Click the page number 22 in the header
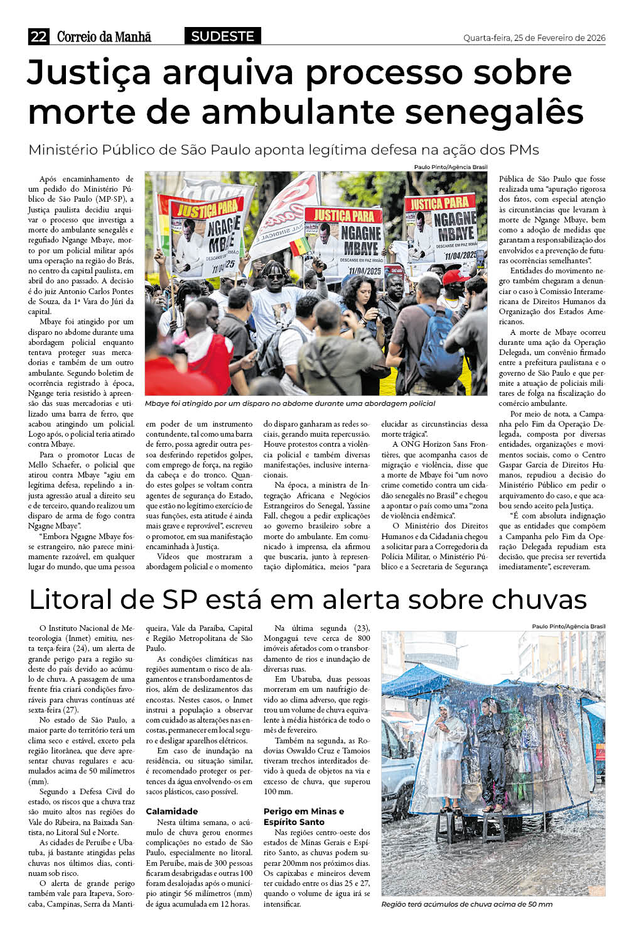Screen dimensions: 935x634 pyautogui.click(x=38, y=36)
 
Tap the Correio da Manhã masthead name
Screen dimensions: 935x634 pyautogui.click(x=104, y=36)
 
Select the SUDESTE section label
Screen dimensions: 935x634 pyautogui.click(x=222, y=36)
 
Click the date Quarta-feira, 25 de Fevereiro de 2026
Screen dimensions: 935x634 pyautogui.click(x=534, y=38)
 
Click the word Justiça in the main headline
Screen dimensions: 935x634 pyautogui.click(x=89, y=73)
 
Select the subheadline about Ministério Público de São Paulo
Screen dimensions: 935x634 pyautogui.click(x=284, y=150)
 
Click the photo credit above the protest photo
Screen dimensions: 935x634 pyautogui.click(x=450, y=167)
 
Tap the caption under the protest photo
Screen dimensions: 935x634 pyautogui.click(x=289, y=403)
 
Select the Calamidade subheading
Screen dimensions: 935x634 pyautogui.click(x=171, y=811)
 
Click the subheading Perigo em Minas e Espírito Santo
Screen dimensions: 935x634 pyautogui.click(x=303, y=816)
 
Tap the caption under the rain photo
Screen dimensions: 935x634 pyautogui.click(x=466, y=904)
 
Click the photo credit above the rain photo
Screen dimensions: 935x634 pyautogui.click(x=568, y=626)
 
